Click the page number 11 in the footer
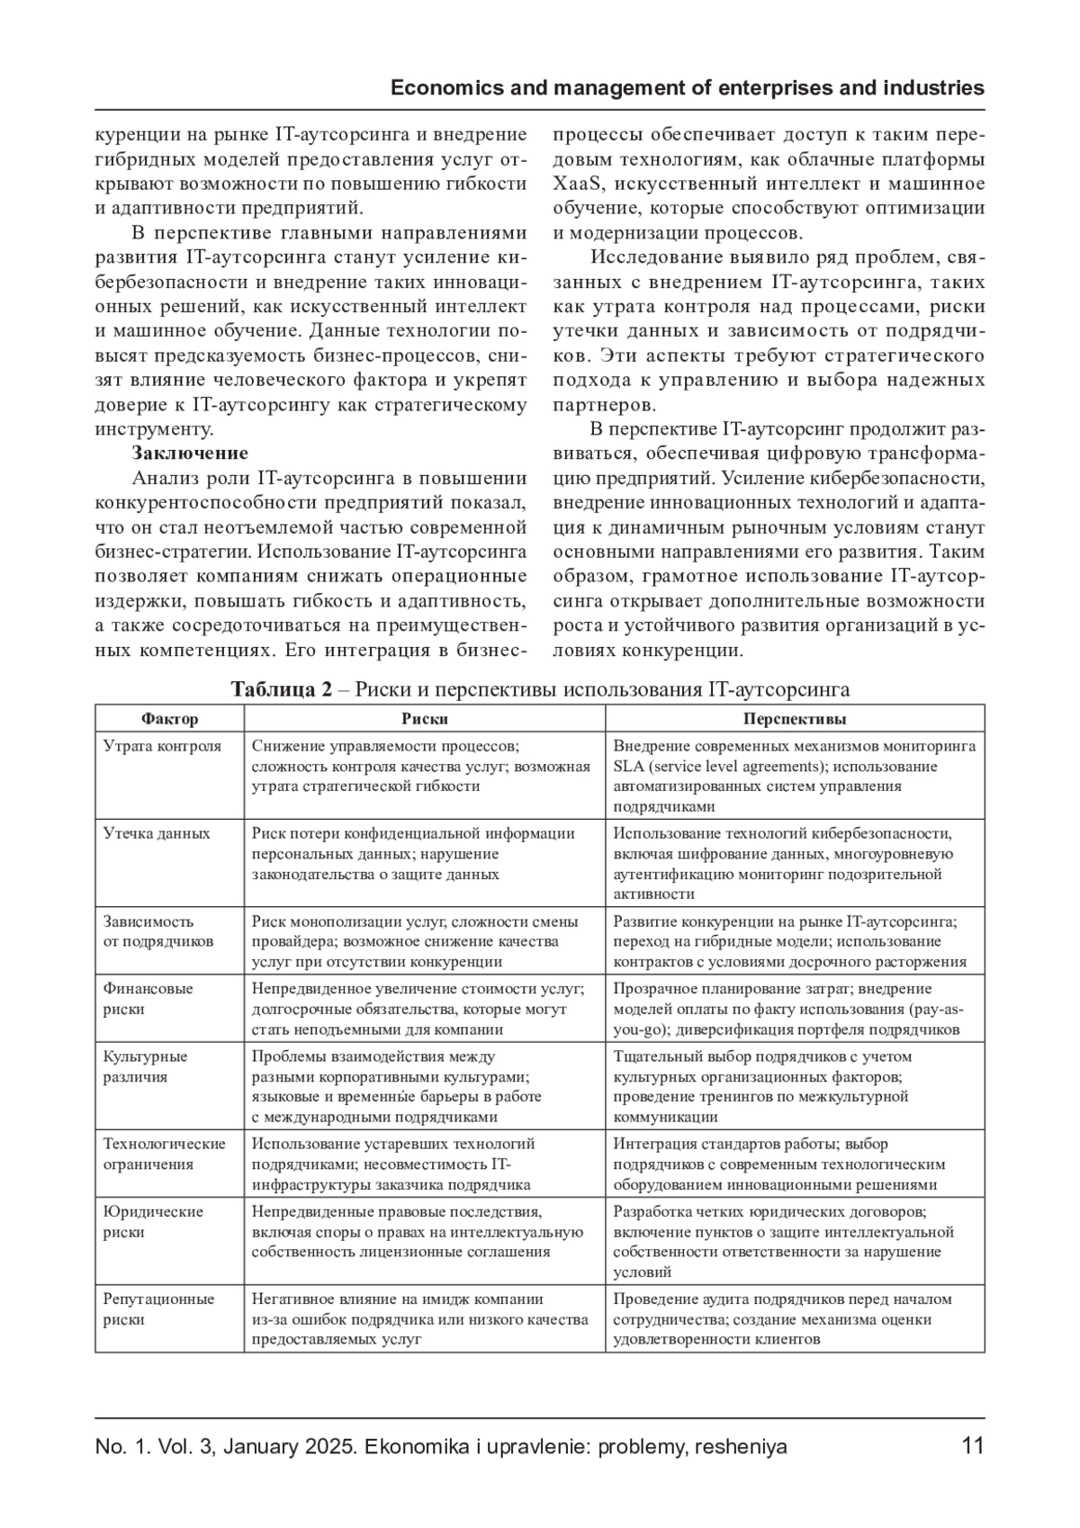click(972, 1446)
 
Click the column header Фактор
click(169, 718)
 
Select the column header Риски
click(424, 718)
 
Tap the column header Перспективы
click(794, 718)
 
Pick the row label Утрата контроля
click(162, 746)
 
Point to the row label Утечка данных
click(157, 833)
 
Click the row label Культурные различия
click(146, 1066)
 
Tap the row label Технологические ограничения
click(164, 1154)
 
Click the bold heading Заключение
click(190, 453)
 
